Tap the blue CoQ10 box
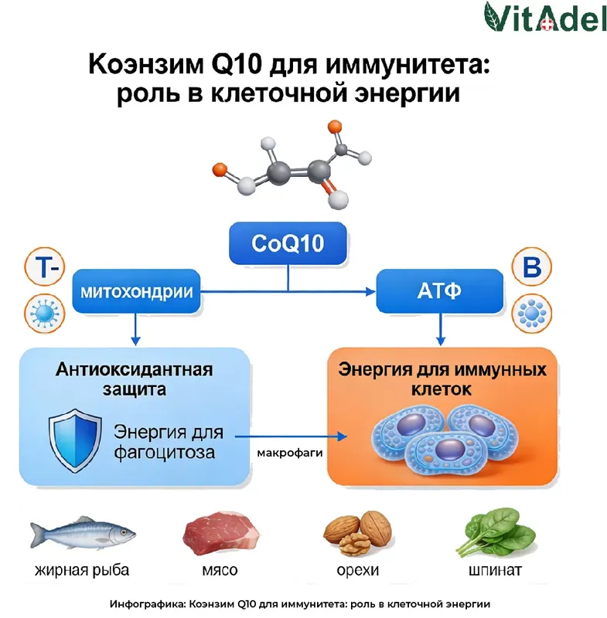click(x=288, y=244)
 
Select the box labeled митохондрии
click(x=134, y=292)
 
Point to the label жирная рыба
click(x=82, y=572)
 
